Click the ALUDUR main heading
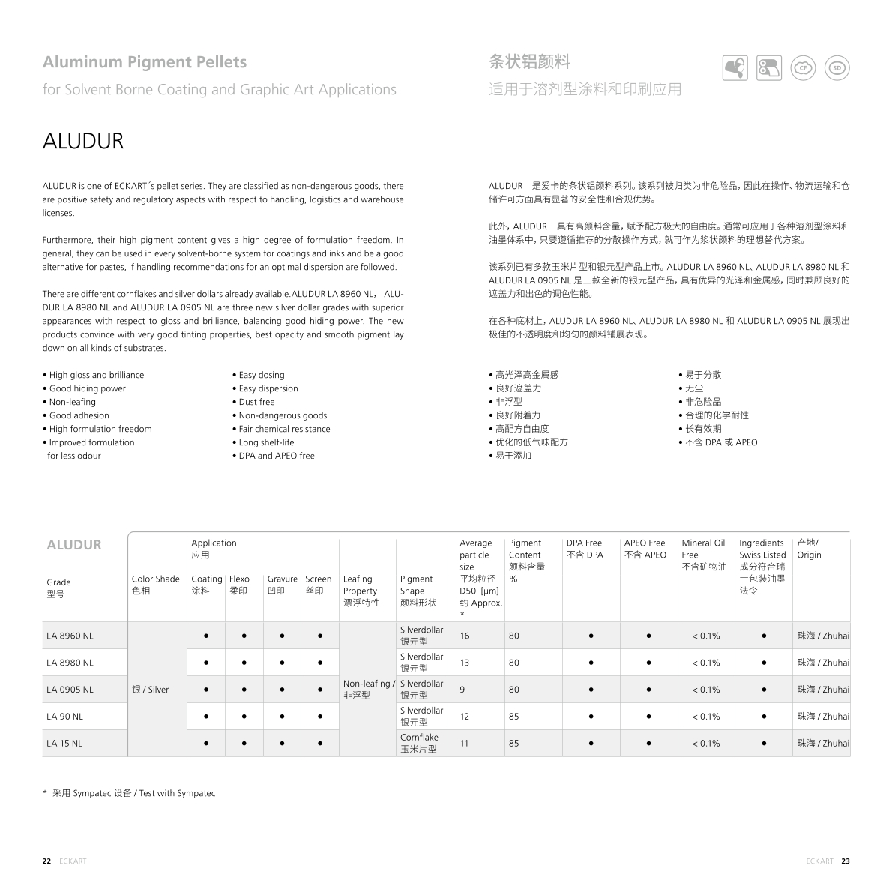click(x=83, y=141)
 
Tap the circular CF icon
click(x=804, y=67)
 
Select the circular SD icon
click(x=837, y=67)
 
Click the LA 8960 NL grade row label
click(x=70, y=636)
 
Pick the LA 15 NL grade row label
click(x=64, y=744)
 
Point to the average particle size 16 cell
click(x=465, y=636)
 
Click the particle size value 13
click(x=465, y=663)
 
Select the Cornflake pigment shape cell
click(x=419, y=743)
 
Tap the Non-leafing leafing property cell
click(x=368, y=689)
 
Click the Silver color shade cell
click(x=151, y=690)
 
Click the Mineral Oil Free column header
click(x=703, y=555)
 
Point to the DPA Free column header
click(x=585, y=549)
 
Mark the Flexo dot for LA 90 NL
click(x=244, y=717)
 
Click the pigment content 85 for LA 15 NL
click(x=513, y=744)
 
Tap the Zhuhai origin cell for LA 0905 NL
click(x=823, y=690)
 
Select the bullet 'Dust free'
click(x=256, y=402)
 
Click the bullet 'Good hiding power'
click(x=87, y=388)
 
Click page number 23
click(x=846, y=861)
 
